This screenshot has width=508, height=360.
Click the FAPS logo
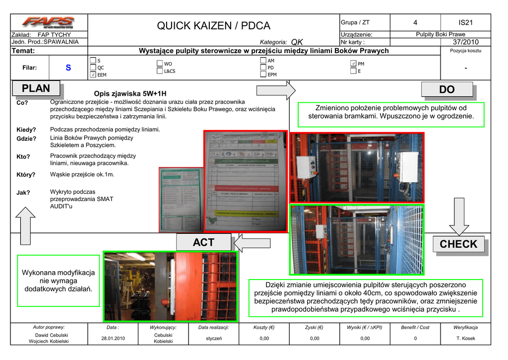48,22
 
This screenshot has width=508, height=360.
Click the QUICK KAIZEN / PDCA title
213,26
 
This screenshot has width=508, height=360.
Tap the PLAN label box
36,88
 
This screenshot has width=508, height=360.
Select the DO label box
446,89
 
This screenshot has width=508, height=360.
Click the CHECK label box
458,244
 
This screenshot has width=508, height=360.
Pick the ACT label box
203,242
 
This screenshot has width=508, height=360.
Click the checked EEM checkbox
93,74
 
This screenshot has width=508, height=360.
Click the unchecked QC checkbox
93,68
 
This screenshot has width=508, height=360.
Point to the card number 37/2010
465,42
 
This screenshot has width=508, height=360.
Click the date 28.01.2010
113,339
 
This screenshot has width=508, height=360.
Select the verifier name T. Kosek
465,339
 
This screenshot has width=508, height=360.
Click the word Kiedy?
26,130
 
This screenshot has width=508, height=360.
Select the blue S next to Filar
68,68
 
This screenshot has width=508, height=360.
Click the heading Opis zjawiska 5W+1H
130,93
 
